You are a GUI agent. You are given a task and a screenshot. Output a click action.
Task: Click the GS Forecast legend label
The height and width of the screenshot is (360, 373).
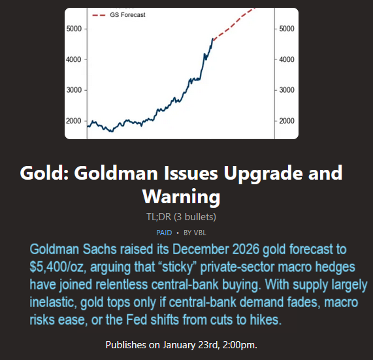[127, 15]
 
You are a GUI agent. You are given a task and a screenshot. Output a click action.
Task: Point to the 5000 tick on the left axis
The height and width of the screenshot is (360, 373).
[74, 29]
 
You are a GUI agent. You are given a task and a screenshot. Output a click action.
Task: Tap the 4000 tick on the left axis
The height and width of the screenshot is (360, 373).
[74, 59]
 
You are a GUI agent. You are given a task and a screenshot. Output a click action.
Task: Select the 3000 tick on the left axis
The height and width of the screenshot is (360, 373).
[74, 90]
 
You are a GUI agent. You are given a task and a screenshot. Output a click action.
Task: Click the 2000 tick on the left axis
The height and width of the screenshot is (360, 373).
[74, 121]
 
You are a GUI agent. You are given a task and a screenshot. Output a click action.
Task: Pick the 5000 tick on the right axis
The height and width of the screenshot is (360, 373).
[287, 29]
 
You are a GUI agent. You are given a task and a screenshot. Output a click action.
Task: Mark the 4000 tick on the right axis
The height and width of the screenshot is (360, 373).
[287, 59]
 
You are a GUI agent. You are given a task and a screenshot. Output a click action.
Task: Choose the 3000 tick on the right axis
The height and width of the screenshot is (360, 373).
[287, 90]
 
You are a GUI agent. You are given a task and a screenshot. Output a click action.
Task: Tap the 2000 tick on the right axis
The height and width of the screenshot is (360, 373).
[287, 121]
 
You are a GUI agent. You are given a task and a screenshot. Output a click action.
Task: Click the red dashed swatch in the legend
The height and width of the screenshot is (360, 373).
[99, 15]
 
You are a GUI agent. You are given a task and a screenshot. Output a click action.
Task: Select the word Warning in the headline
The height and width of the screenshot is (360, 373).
[181, 197]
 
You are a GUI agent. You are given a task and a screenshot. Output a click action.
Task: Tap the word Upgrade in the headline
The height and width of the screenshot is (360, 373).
[263, 174]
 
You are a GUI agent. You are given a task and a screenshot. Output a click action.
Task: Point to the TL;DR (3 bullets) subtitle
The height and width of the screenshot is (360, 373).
[181, 217]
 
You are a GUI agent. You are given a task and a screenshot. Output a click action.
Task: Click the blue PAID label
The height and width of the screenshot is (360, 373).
[164, 233]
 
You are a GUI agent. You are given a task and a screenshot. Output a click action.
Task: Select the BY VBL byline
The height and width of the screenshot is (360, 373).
[195, 233]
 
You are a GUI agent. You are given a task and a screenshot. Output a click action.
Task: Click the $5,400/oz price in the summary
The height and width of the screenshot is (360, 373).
[56, 267]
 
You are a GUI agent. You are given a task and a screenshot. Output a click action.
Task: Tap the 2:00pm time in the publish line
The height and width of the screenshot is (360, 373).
[240, 345]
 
